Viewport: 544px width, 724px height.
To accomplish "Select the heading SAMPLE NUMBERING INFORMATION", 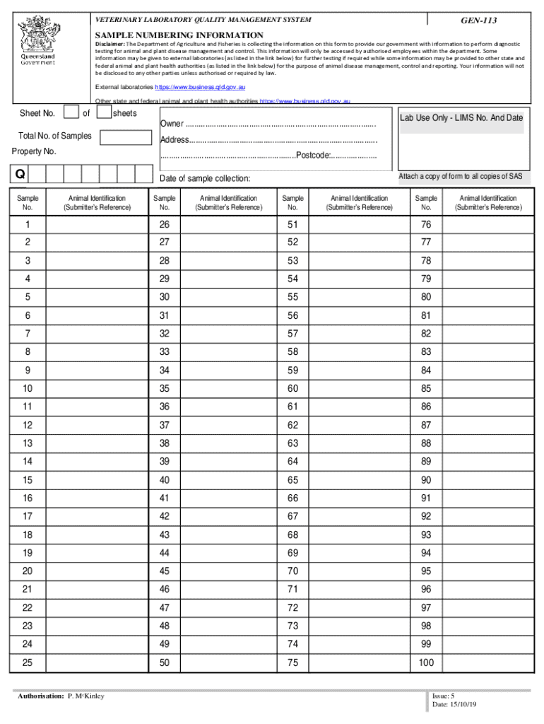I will pos(179,35).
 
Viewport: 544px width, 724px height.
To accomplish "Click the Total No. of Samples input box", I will pos(126,136).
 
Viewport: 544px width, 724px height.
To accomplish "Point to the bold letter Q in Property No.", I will pos(19,174).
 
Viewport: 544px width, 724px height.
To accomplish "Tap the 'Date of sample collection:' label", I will pos(205,178).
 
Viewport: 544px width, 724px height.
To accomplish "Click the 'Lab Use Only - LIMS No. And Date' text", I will pos(461,118).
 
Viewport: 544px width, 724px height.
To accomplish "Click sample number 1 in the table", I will pos(28,224).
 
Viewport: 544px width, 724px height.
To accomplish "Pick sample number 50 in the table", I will pos(165,662).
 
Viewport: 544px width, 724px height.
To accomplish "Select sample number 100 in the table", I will pos(426,662).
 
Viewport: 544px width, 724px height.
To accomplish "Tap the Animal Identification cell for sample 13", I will pos(96,443).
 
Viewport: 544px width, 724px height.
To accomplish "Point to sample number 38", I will pos(165,443).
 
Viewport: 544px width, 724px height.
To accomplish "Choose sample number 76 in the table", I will pos(426,224).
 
